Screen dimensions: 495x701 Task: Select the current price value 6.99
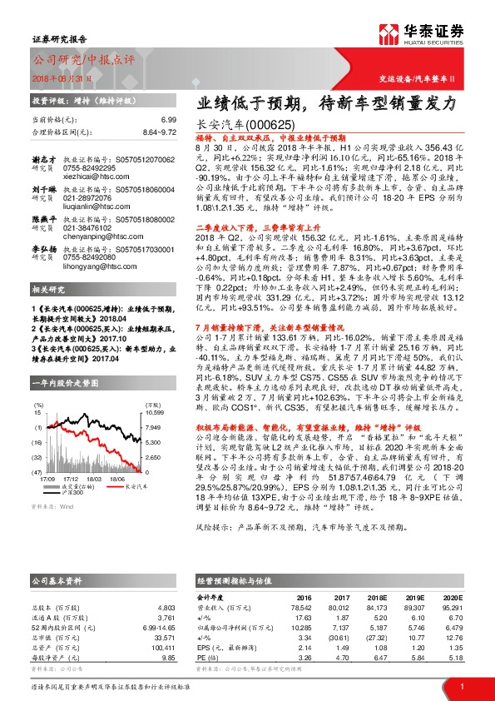coord(169,121)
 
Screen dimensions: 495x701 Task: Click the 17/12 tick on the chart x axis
coord(70,479)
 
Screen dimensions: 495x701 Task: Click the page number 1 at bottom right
coord(461,687)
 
